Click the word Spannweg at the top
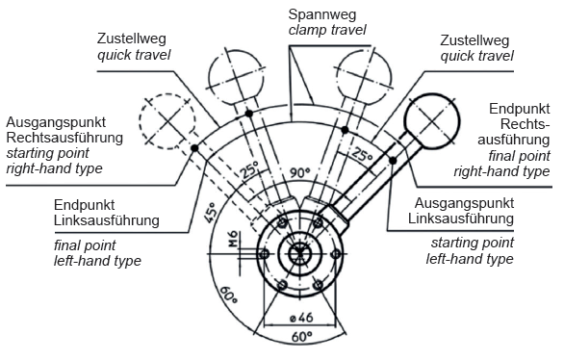point(322,14)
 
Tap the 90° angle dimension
point(299,173)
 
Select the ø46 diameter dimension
point(301,318)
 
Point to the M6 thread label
point(233,239)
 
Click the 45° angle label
point(211,212)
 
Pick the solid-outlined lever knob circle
point(431,121)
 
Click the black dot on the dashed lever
point(194,148)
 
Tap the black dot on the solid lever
point(393,161)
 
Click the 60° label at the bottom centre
point(301,337)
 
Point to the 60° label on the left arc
point(228,295)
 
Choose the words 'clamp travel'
point(327,30)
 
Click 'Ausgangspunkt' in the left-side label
point(56,122)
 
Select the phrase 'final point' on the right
point(519,156)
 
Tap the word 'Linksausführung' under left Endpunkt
point(107,220)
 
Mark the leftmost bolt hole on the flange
point(264,254)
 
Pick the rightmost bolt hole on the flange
point(335,254)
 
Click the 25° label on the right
point(362,154)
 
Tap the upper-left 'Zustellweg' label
point(131,39)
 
